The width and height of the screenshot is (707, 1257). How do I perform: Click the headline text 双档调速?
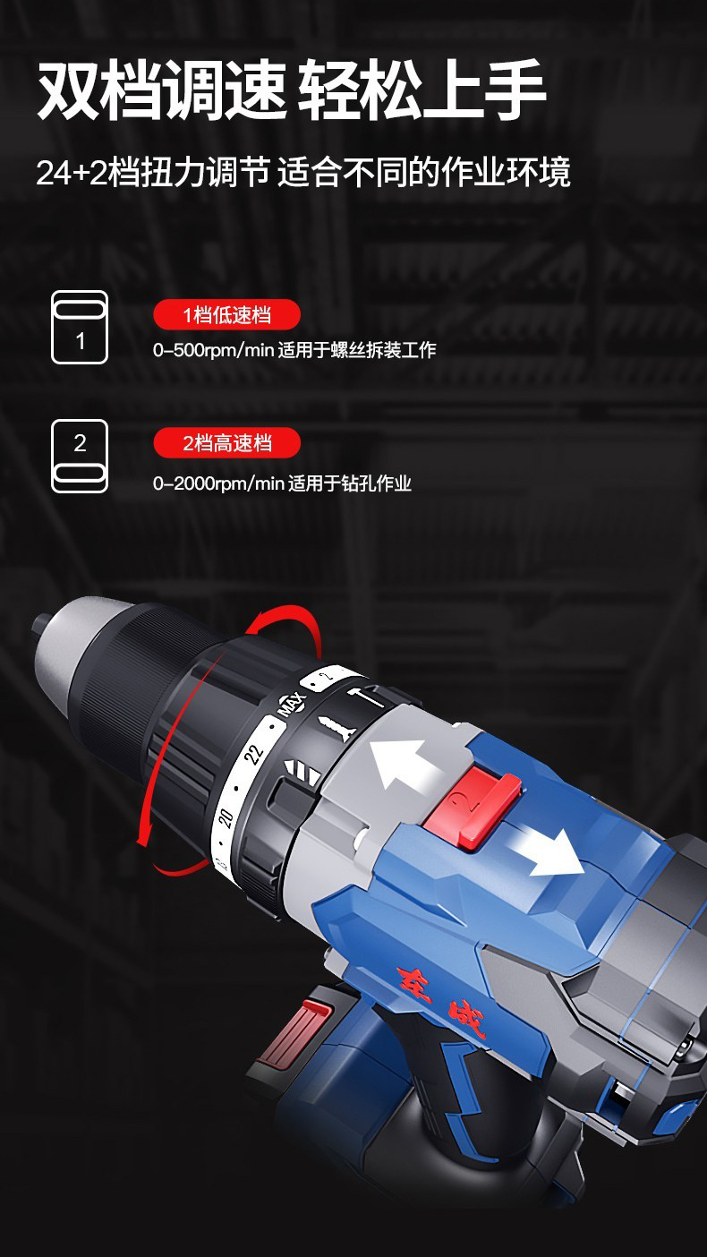[x=162, y=90]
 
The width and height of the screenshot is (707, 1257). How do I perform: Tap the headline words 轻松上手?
[x=422, y=90]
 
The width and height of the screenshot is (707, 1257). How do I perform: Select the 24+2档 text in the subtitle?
[x=87, y=172]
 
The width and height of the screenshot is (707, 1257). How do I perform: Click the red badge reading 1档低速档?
[x=226, y=315]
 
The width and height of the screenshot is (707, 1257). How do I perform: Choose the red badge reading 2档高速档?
[x=226, y=443]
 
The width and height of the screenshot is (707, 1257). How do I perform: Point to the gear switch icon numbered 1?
[x=80, y=327]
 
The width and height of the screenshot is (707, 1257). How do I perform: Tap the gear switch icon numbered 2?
[x=80, y=456]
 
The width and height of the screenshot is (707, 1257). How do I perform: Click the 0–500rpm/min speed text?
[x=213, y=350]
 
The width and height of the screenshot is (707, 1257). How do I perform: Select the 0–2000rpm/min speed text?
[x=218, y=483]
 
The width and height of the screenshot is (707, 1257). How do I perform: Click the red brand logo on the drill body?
[x=440, y=1000]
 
